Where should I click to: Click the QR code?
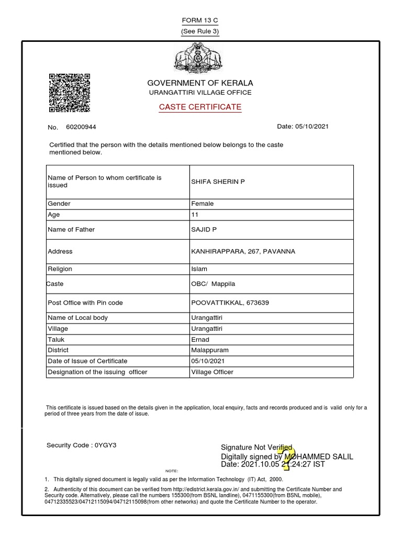coord(69,93)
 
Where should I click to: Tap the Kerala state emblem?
coord(200,59)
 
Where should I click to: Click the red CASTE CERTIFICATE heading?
coord(200,107)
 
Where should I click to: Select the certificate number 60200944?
coord(81,127)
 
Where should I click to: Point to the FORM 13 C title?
coord(200,20)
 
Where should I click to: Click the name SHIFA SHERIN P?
coord(218,182)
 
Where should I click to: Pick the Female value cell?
coord(203,204)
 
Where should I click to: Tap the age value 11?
coord(195,215)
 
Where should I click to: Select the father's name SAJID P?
coord(204,230)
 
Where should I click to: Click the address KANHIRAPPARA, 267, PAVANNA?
coord(243,252)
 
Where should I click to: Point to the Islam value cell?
coord(199,269)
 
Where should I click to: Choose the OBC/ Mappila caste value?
coord(214,284)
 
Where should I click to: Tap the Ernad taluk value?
coord(200,340)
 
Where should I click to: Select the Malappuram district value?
coord(210,350)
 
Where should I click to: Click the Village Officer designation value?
coord(213,372)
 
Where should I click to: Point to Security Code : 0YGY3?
coord(81,445)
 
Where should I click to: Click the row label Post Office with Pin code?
coord(85,303)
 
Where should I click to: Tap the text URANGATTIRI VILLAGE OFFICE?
coord(200,93)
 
